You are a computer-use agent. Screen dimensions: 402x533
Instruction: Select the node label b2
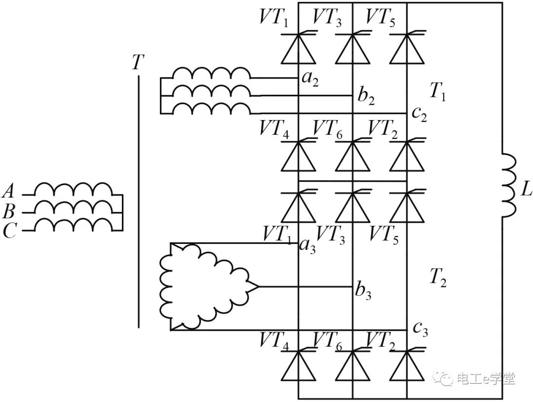pos(366,96)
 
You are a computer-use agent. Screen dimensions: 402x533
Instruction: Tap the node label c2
pos(420,115)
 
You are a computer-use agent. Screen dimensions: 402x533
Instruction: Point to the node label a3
pos(307,244)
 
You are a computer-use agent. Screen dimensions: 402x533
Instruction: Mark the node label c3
pos(420,329)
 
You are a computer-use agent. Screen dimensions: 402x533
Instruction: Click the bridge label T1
pos(437,91)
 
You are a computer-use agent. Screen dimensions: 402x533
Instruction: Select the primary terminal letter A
pos(9,191)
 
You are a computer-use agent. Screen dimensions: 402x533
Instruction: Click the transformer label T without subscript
pos(138,63)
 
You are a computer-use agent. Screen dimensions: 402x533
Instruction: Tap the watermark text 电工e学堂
pos(486,379)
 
